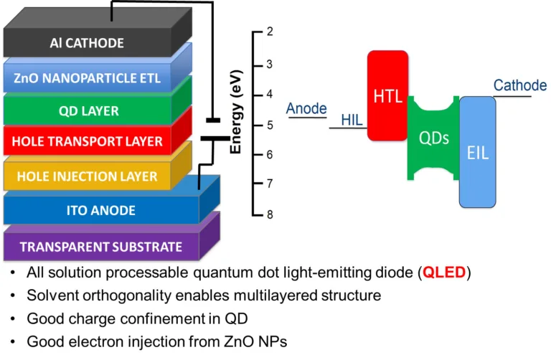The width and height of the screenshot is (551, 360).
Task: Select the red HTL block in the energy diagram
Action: click(387, 95)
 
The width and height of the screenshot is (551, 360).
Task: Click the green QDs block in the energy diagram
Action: click(433, 138)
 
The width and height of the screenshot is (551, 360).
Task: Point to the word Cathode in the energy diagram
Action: click(519, 86)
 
